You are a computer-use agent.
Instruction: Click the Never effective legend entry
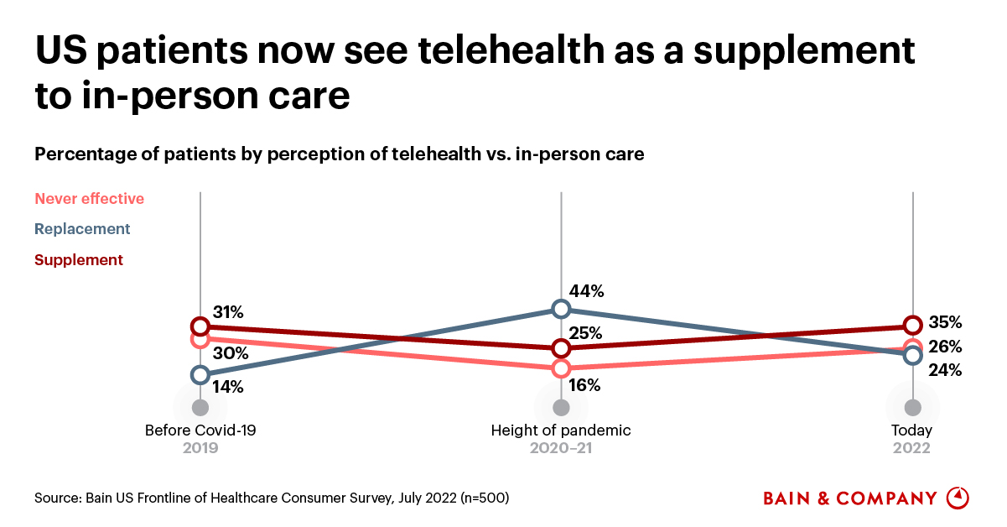coord(90,199)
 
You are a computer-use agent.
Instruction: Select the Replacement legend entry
coord(82,229)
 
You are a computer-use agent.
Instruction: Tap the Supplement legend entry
coord(79,260)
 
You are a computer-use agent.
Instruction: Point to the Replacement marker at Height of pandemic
coord(561,310)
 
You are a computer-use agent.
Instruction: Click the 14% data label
coord(227,387)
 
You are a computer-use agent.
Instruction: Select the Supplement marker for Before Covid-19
coord(200,326)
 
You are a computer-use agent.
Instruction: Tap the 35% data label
coord(945,323)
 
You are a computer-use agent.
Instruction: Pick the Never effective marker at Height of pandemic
coord(561,368)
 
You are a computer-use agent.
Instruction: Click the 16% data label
coord(584,386)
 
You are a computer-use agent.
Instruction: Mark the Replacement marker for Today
coord(913,356)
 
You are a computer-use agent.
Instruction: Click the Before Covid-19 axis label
coord(200,430)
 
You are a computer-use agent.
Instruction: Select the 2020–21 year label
coord(561,449)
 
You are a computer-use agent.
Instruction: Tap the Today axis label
coord(912,430)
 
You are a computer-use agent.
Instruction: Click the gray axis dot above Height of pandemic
coord(561,408)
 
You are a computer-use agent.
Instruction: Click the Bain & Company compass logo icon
coord(958,498)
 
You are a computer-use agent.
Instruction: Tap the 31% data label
coord(227,312)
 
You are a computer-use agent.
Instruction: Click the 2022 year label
coord(912,449)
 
